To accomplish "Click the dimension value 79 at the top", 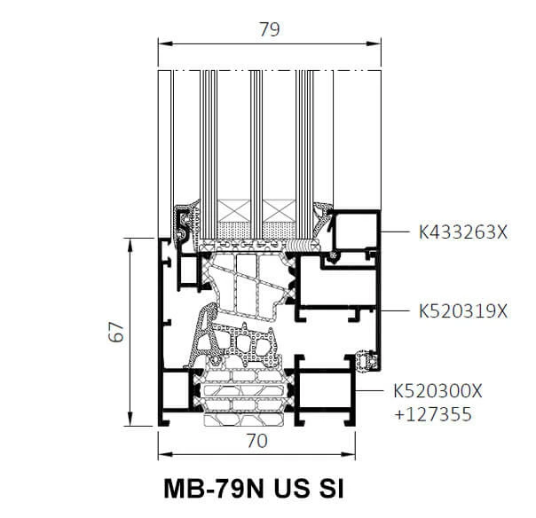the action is point(270,29).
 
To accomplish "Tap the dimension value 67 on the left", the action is point(116,332).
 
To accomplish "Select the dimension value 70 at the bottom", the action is point(257,441).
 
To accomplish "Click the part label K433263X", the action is point(463,232).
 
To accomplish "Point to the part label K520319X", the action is point(463,311).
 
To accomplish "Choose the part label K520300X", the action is point(437,391).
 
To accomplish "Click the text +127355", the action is point(433,414).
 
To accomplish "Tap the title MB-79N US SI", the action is point(254,489).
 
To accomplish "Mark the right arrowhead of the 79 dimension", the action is point(374,43).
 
